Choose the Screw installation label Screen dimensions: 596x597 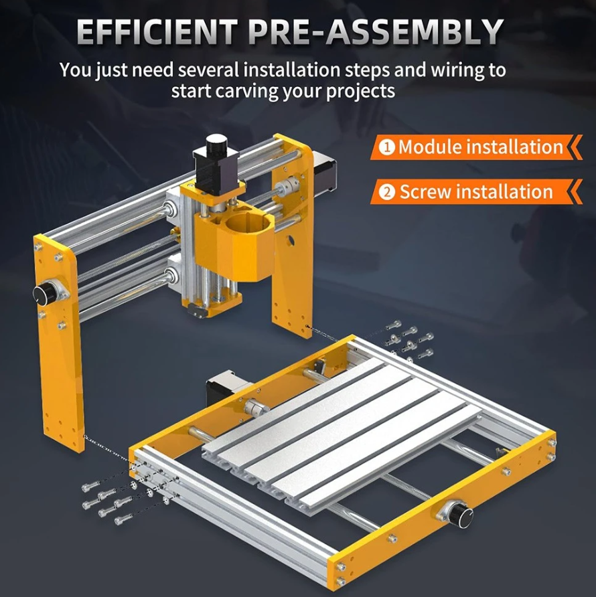tap(476, 191)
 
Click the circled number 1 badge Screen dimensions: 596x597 tap(388, 147)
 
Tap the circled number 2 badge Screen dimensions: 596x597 tap(388, 192)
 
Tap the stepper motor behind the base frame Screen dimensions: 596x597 tap(225, 388)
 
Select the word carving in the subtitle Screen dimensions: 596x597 tap(250, 92)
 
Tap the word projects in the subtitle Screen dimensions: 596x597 tap(361, 92)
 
